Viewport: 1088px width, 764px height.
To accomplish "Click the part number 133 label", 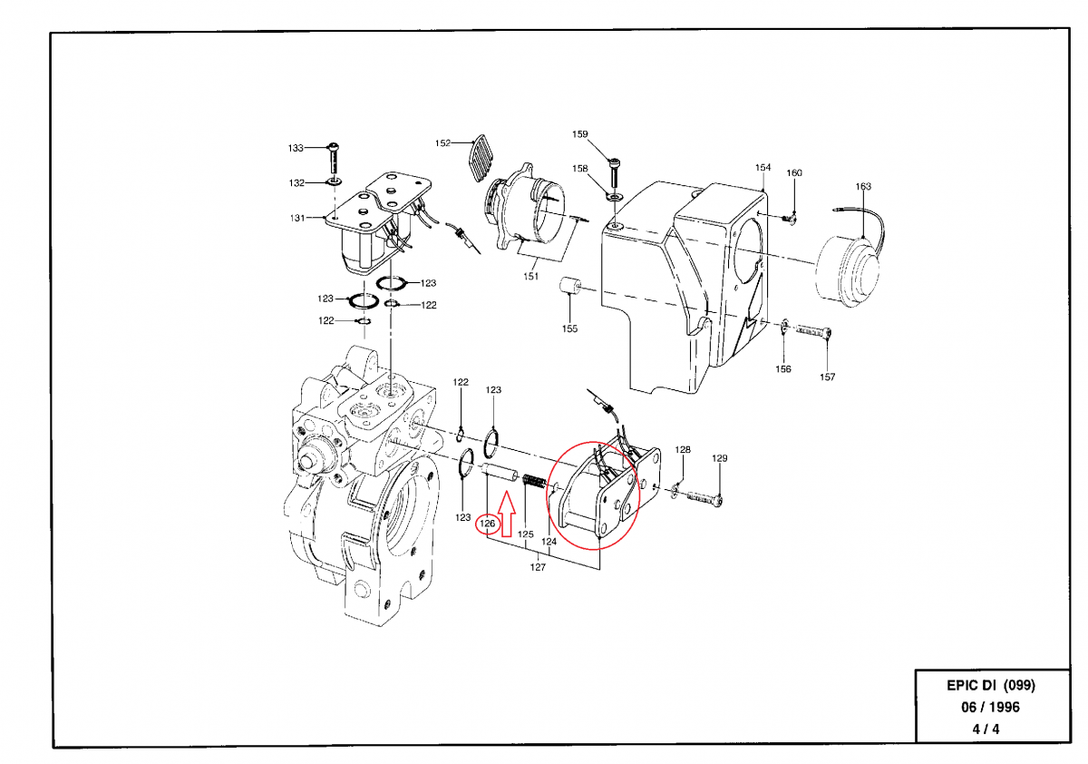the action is point(296,148).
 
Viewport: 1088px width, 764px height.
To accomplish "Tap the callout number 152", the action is point(442,142).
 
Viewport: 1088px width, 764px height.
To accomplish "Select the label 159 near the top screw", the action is point(580,134).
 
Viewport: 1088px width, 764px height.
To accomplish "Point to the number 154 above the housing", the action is point(763,167).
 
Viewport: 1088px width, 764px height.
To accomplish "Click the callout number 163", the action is point(863,186).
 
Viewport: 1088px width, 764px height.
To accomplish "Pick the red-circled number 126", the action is point(487,523).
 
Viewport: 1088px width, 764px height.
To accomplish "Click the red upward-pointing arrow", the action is point(507,514).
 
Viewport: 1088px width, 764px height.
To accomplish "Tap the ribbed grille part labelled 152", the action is point(481,158).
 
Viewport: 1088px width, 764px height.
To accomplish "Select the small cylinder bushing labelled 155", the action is point(569,286).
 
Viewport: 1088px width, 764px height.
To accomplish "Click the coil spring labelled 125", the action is point(535,482).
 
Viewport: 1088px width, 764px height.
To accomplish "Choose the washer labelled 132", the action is point(335,182).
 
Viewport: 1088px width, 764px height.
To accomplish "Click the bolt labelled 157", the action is point(813,331).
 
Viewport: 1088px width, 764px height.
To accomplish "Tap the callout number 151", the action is point(531,276).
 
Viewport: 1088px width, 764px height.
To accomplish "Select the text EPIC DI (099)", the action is point(991,685).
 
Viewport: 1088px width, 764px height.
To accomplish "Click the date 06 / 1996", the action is point(990,707).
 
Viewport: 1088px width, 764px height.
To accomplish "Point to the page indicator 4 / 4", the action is point(986,729).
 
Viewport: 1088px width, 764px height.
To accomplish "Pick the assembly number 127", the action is point(538,567).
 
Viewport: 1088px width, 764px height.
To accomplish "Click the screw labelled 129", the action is point(704,497).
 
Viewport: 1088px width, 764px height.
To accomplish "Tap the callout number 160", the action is point(794,173).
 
